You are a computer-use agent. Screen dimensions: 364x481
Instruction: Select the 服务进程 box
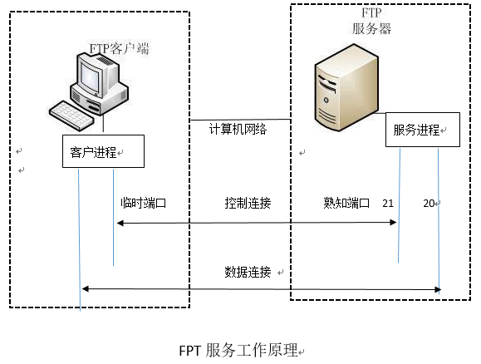coord(420,130)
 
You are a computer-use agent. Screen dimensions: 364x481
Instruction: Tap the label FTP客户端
coord(119,49)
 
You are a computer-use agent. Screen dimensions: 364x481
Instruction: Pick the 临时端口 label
coord(143,203)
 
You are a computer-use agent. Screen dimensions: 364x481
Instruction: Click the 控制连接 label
coord(248,203)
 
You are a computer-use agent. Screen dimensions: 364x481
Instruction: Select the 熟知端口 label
coord(346,203)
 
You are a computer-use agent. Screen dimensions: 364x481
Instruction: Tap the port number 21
coord(388,203)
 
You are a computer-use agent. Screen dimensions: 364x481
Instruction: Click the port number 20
coord(429,203)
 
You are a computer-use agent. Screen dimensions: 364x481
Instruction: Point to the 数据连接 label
coord(248,272)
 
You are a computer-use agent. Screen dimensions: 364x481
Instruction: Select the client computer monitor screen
coord(94,71)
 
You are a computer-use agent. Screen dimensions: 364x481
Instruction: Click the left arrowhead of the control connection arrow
coord(120,223)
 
